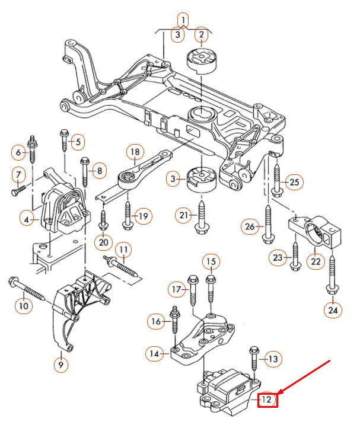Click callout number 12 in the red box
[x=267, y=401]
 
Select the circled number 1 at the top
[x=184, y=21]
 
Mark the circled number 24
[x=332, y=309]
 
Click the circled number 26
[x=250, y=226]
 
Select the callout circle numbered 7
[x=18, y=175]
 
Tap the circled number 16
[x=156, y=322]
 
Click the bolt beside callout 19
[x=127, y=214]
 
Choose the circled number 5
[x=77, y=142]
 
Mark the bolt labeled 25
[x=276, y=178]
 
